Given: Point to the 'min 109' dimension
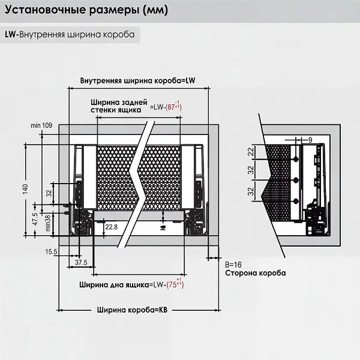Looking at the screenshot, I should point(42,125).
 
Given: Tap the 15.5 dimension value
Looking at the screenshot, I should point(50,252).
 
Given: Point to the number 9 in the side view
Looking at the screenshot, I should point(310,139).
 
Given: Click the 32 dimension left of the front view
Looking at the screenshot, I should point(49,193).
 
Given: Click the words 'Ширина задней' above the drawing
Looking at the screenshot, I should point(116,102).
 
